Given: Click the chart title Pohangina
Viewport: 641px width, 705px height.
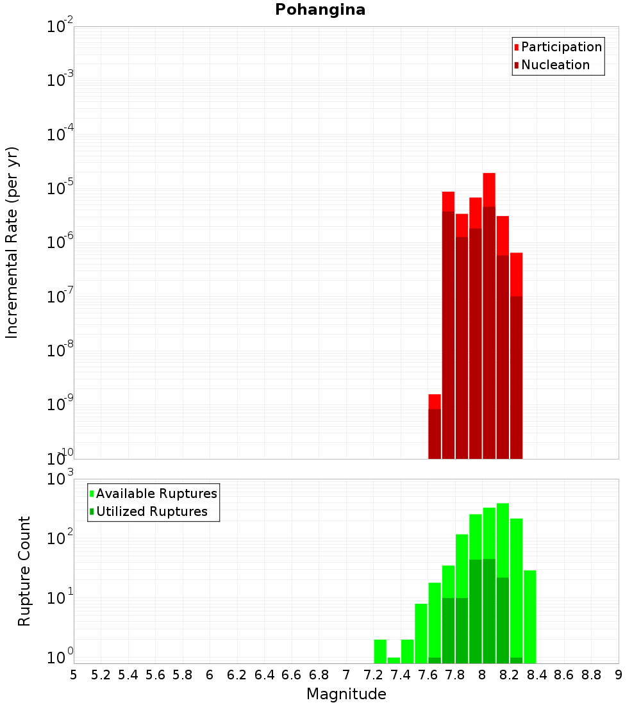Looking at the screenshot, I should pyautogui.click(x=320, y=10).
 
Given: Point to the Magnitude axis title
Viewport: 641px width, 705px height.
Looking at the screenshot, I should pyautogui.click(x=346, y=694).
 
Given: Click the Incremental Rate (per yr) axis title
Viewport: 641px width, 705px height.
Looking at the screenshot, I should pyautogui.click(x=12, y=242).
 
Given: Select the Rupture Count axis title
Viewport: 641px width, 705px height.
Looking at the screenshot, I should pyautogui.click(x=24, y=571).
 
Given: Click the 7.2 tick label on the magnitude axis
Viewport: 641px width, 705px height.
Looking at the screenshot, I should pyautogui.click(x=373, y=675).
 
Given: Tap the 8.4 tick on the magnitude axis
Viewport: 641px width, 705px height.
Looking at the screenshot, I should pyautogui.click(x=537, y=675).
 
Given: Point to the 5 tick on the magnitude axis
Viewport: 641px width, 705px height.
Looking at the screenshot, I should pyautogui.click(x=74, y=675).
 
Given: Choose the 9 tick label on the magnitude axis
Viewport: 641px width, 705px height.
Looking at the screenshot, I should pyautogui.click(x=619, y=675).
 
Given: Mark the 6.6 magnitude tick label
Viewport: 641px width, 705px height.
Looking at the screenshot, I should pyautogui.click(x=292, y=675).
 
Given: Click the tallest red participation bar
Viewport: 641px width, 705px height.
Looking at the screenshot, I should pyautogui.click(x=489, y=190).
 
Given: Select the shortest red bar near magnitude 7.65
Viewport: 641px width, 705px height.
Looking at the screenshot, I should pyautogui.click(x=435, y=401).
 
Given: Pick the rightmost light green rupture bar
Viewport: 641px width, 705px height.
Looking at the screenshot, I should pyautogui.click(x=530, y=615).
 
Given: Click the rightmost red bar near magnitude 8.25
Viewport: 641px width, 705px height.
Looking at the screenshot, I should pyautogui.click(x=516, y=276).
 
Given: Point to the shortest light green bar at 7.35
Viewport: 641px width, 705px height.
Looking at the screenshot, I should pyautogui.click(x=394, y=660).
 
